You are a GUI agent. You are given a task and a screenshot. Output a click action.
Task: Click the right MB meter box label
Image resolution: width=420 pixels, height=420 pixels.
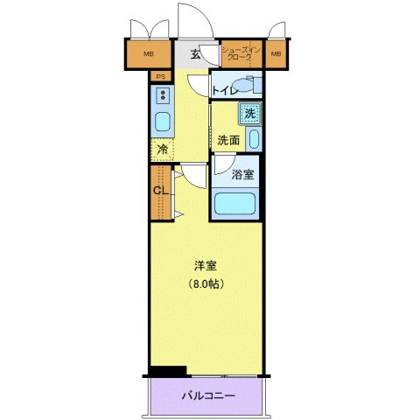click(276, 55)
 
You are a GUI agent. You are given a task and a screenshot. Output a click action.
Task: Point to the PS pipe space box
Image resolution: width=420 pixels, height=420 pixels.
click(160, 77)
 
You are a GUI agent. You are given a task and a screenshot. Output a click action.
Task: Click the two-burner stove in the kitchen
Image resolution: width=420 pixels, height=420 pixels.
click(163, 95)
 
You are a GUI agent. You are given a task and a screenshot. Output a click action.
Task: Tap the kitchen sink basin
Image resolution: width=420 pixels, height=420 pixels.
click(163, 121)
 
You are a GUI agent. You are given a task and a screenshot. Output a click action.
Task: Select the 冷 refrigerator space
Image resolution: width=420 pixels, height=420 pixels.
click(163, 150)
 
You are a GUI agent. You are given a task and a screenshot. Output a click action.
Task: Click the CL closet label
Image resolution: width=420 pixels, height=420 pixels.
click(160, 191)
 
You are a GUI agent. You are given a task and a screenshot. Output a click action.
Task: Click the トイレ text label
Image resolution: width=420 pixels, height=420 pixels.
click(226, 89)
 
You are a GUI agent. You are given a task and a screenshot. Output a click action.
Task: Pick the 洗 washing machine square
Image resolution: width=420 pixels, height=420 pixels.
click(250, 112)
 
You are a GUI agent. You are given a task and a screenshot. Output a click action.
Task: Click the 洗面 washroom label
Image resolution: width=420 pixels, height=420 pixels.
click(228, 139)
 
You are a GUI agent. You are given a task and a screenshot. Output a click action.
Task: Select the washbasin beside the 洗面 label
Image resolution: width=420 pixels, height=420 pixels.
click(253, 138)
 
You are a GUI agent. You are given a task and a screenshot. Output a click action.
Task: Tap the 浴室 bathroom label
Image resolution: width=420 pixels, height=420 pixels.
click(243, 174)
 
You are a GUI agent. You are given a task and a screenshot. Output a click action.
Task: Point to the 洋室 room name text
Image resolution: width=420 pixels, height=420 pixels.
click(206, 265)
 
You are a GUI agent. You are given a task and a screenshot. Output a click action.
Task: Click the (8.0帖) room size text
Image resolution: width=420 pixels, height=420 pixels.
click(206, 283)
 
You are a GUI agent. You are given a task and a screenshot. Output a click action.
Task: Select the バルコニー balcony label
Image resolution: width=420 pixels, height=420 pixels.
click(207, 396)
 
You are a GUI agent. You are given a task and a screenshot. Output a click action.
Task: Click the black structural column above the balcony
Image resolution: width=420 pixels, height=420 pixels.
click(167, 371)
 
